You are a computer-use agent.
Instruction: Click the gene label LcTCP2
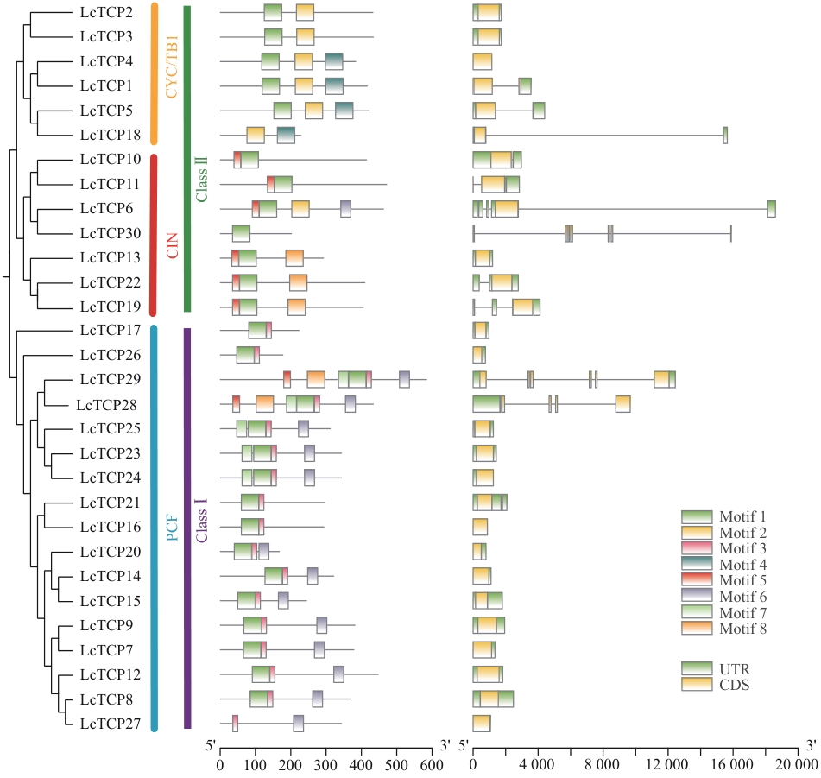tap(106, 12)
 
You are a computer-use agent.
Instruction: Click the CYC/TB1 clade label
tap(173, 67)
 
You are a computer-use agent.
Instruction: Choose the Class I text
tap(202, 523)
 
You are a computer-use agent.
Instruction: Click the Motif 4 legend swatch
tap(697, 565)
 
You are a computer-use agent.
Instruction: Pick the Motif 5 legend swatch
tap(697, 580)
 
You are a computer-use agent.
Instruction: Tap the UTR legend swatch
tap(697, 668)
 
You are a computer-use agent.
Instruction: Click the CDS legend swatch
tap(697, 684)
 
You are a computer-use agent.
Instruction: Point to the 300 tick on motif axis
tap(326, 763)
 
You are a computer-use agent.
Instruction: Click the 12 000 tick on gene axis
tap(668, 763)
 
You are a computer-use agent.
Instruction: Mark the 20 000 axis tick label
tap(794, 763)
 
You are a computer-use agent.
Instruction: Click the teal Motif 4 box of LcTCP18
tap(286, 135)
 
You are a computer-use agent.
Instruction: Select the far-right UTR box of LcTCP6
tap(771, 209)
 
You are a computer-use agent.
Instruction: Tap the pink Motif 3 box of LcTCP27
tap(235, 724)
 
